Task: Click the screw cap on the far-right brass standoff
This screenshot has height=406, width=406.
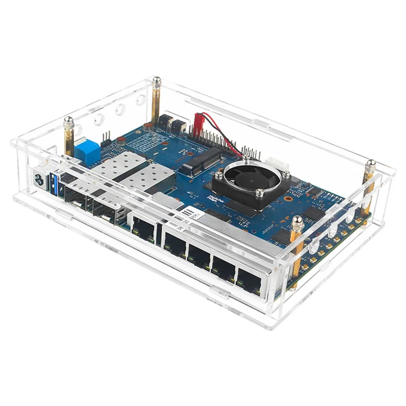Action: tap(371, 163)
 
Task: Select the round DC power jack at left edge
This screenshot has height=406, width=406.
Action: tap(39, 179)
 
